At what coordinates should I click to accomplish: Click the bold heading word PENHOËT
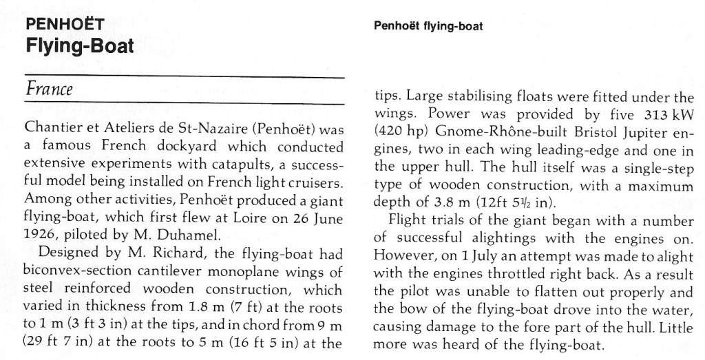click(63, 25)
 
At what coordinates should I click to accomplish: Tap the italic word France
click(48, 89)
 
